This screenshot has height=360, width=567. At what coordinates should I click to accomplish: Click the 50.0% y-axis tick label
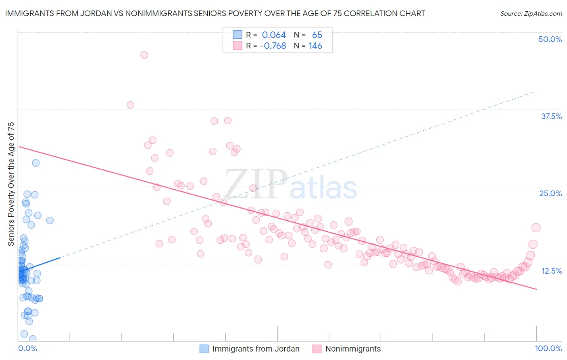[550, 39]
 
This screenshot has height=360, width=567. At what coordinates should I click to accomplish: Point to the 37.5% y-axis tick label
[551, 116]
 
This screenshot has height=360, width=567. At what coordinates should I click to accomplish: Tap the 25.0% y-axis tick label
[550, 193]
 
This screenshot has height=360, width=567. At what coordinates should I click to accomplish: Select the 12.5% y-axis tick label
[551, 271]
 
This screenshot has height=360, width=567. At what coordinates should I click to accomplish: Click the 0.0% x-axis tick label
[27, 348]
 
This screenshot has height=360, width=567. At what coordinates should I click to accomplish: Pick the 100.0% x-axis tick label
[548, 348]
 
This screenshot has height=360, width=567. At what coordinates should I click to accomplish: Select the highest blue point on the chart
[36, 163]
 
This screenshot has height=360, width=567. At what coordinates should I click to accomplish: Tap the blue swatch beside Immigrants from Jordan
[204, 349]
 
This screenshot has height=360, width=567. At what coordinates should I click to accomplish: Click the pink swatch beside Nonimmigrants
[317, 349]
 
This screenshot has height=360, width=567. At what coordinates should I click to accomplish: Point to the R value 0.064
[274, 35]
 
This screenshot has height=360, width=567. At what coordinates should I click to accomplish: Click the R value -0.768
[273, 46]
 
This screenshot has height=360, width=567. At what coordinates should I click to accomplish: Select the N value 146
[315, 46]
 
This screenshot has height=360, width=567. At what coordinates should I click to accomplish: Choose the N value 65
[317, 35]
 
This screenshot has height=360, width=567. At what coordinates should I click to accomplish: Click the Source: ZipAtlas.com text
[531, 14]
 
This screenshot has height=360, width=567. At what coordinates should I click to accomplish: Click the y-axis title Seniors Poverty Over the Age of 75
[11, 184]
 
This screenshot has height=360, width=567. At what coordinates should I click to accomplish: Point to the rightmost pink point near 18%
[536, 228]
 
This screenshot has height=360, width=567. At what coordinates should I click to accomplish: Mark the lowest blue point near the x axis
[33, 339]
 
